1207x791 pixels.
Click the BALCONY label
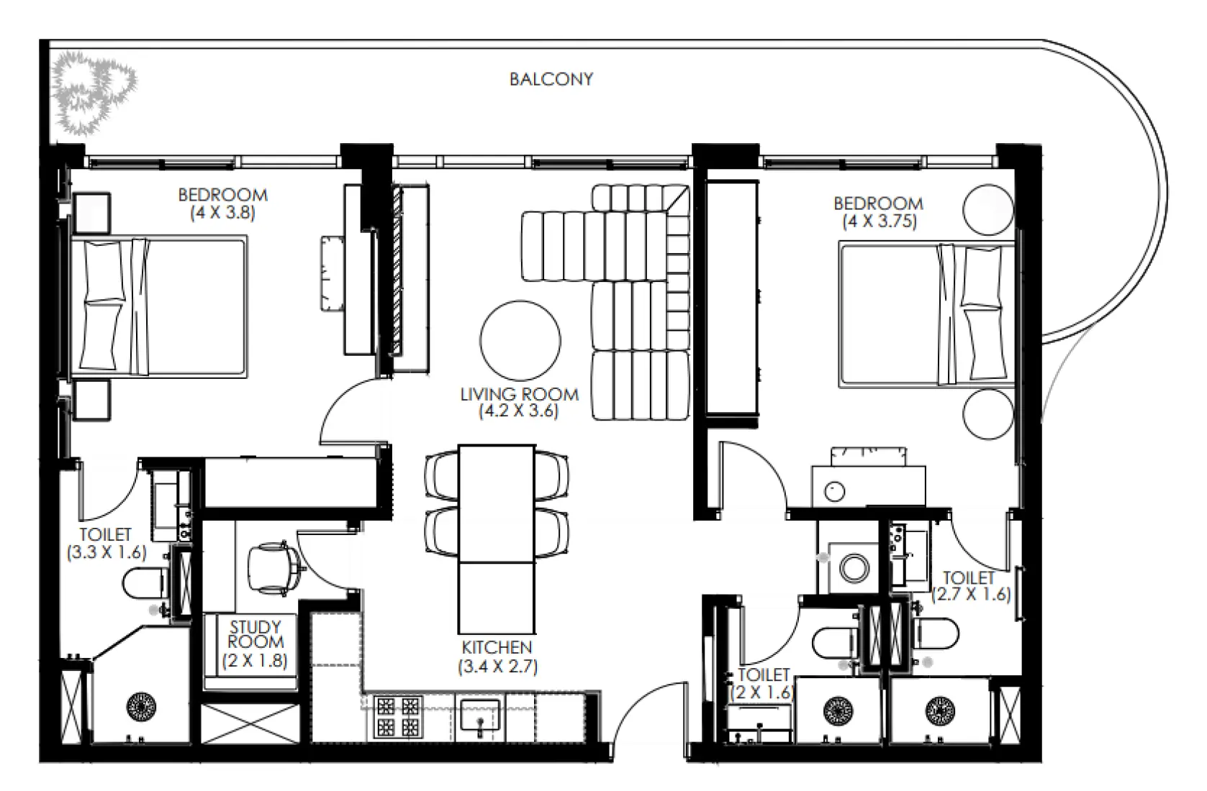[551, 79]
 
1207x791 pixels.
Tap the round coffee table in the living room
[520, 340]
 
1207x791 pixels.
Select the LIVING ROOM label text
[520, 394]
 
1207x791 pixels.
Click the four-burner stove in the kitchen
[398, 716]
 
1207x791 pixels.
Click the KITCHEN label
[497, 647]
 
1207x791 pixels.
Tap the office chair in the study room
[273, 569]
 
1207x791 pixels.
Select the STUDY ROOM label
[256, 634]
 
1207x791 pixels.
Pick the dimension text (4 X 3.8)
[222, 213]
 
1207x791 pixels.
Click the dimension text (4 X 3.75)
[880, 221]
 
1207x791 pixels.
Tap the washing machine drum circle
[854, 568]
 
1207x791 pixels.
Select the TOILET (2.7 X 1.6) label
[970, 586]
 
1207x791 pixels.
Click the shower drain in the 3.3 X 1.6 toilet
[141, 705]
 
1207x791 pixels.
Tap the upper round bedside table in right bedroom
[987, 209]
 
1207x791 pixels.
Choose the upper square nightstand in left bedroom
[91, 213]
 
